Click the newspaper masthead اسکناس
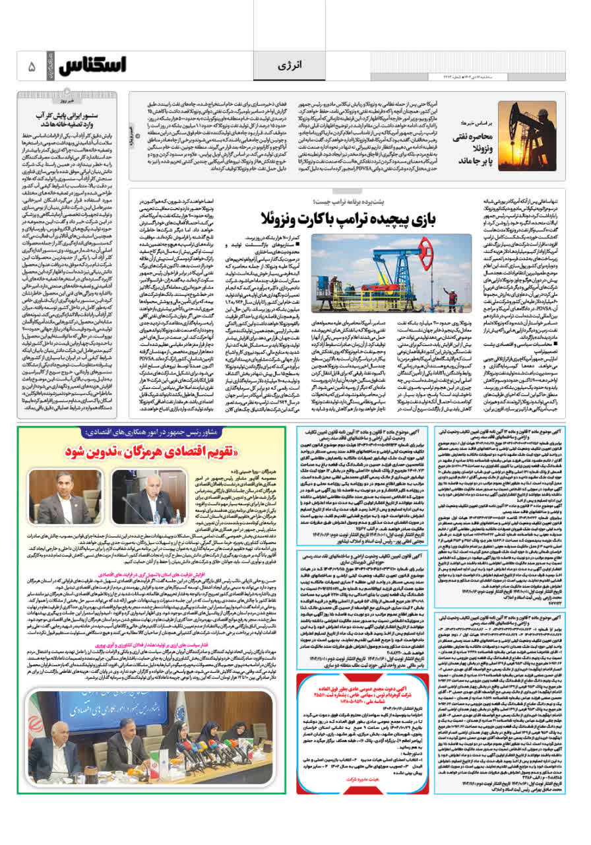[x=92, y=65]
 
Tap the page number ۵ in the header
[x=31, y=66]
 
